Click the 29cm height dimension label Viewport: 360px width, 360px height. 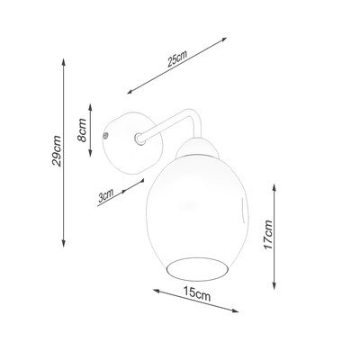click(57, 151)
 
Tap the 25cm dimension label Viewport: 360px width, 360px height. click(177, 58)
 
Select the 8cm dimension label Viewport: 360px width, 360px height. click(82, 130)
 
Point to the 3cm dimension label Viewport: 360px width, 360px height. click(106, 195)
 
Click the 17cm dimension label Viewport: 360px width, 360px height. click(267, 235)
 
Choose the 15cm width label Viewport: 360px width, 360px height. click(197, 293)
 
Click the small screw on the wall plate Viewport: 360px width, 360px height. click(105, 136)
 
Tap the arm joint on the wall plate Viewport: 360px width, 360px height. click(139, 139)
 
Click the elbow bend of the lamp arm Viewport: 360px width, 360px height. click(194, 115)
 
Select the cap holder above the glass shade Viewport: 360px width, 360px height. click(197, 148)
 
